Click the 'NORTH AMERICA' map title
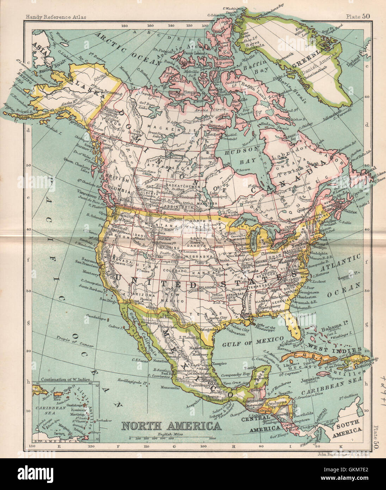point(171,426)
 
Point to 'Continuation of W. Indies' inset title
point(66,380)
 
